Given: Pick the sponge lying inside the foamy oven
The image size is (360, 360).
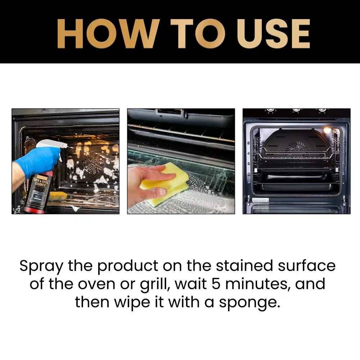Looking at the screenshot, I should click(58, 196).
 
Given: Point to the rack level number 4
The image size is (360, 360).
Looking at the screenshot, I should click(248, 153).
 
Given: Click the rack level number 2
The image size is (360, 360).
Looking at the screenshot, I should click(248, 174).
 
